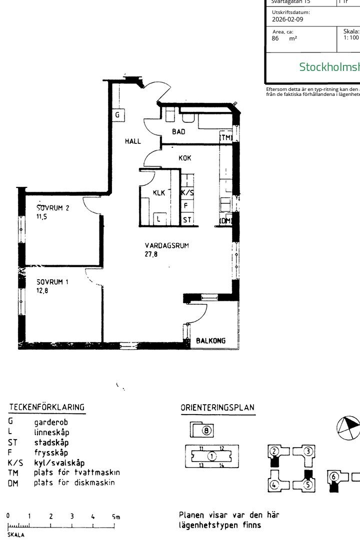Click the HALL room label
[x=132, y=142]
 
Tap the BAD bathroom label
[x=178, y=132]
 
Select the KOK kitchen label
[x=185, y=158]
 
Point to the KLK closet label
[x=159, y=193]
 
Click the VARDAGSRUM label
[x=167, y=246]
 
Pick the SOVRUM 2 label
[x=52, y=208]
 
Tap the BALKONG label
[x=210, y=341]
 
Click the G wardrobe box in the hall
[x=117, y=115]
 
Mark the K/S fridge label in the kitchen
[x=187, y=192]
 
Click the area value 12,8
[x=42, y=290]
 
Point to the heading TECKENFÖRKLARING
[x=46, y=408]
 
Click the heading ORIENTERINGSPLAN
[x=217, y=408]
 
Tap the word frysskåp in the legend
[x=51, y=453]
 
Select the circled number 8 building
[x=206, y=430]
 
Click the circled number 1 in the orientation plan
[x=211, y=456]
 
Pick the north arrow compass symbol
[x=347, y=428]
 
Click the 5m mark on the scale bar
[x=115, y=517]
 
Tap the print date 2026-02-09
[x=287, y=19]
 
